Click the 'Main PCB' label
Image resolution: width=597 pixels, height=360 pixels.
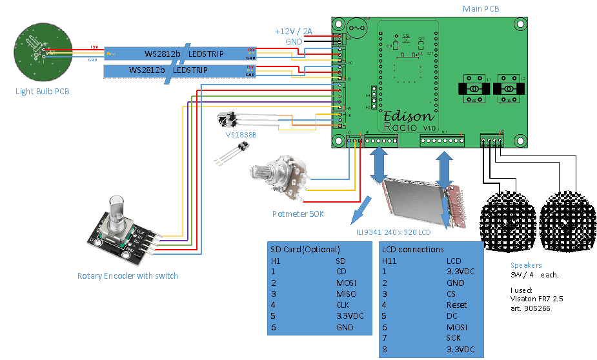[x=481, y=9]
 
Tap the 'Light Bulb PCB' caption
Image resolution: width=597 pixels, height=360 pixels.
[x=42, y=92]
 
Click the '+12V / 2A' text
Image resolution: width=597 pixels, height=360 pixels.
[x=293, y=31]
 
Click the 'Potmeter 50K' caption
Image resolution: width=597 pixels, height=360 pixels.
[x=298, y=214]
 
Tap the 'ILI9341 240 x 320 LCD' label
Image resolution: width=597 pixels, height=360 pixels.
[x=393, y=232]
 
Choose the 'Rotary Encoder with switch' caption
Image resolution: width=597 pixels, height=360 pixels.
[x=127, y=276]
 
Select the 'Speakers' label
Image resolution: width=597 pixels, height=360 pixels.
[x=526, y=265]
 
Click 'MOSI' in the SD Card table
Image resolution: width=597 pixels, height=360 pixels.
[x=346, y=283]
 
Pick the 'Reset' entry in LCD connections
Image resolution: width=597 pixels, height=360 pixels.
[x=456, y=305]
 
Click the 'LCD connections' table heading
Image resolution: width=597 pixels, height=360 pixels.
[x=412, y=249]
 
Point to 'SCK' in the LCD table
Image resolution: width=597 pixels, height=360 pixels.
[x=454, y=339]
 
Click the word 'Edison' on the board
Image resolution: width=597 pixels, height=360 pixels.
[x=408, y=117]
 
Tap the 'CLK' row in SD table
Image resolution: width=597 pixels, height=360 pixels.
[x=343, y=305]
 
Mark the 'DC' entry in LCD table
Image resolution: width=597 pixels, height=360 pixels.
[x=452, y=316]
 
